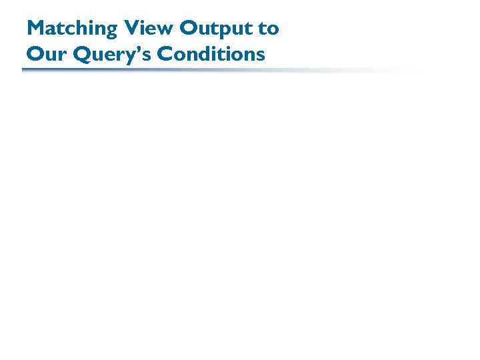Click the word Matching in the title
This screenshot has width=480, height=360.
coord(71,29)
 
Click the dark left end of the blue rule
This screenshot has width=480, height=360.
coord(27,69)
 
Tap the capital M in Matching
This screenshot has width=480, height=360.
coord(35,29)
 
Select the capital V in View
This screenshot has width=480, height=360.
coord(130,29)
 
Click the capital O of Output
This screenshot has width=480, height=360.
coord(189,29)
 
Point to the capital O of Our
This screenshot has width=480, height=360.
coord(35,54)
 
